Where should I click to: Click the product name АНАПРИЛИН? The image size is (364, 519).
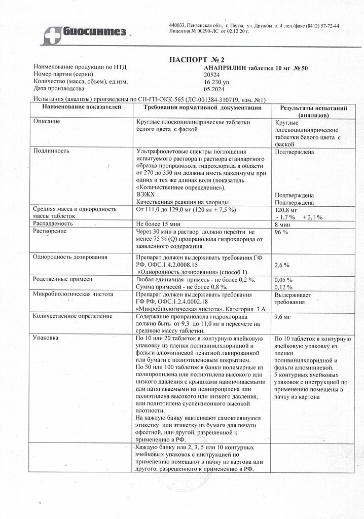(x=222, y=67)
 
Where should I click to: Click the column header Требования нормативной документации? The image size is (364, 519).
(x=202, y=107)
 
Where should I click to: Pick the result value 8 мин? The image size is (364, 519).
(x=282, y=224)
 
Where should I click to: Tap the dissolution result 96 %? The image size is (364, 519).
(x=281, y=232)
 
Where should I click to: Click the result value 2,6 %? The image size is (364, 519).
(x=281, y=265)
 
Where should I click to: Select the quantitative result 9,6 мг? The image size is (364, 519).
(x=282, y=317)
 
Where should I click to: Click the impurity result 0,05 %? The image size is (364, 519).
(x=283, y=280)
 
